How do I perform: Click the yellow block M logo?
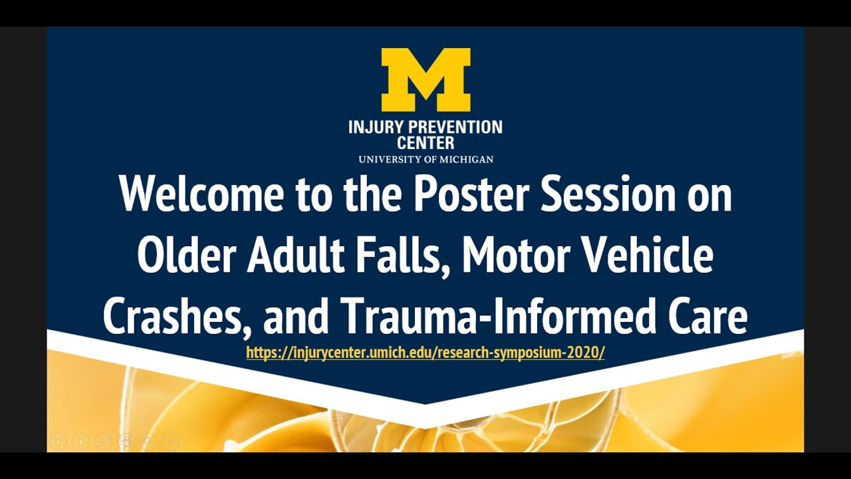click(x=425, y=79)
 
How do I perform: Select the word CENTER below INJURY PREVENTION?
click(x=425, y=142)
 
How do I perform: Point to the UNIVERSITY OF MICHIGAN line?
click(x=425, y=160)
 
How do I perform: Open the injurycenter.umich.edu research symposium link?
click(x=425, y=353)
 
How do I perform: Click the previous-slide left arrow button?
click(x=59, y=441)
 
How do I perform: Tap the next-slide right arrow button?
click(x=80, y=441)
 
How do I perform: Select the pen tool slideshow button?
click(x=103, y=441)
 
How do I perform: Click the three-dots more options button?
click(x=171, y=441)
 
